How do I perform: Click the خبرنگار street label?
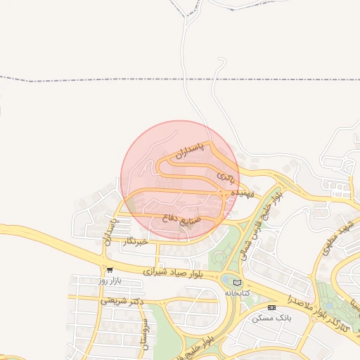tap(134, 242)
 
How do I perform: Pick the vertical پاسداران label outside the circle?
tap(110, 231)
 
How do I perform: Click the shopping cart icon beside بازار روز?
tap(110, 269)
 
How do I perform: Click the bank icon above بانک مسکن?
tap(272, 307)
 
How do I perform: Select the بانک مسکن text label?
tap(272, 318)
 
